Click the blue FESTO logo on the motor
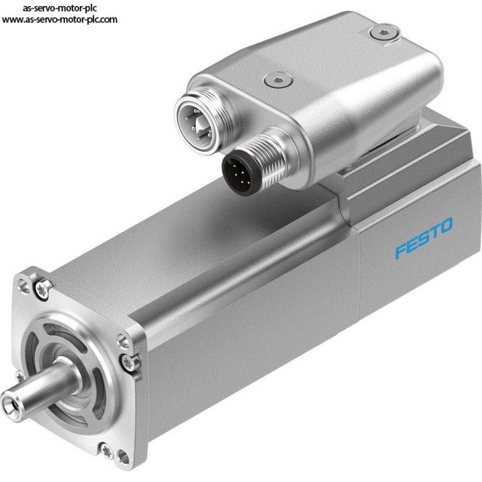tap(424, 237)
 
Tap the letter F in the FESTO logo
tap(401, 249)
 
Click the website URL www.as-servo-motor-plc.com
tap(59, 20)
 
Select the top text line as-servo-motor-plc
tap(60, 8)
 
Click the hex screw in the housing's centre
tap(278, 80)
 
